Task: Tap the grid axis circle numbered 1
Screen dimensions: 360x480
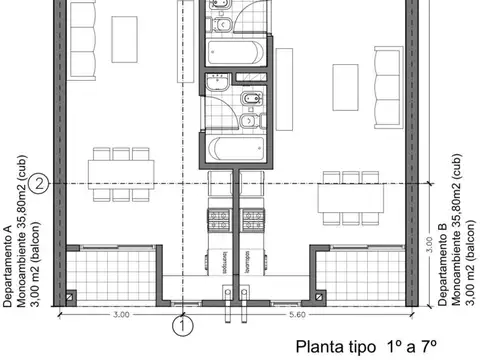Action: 182,324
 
